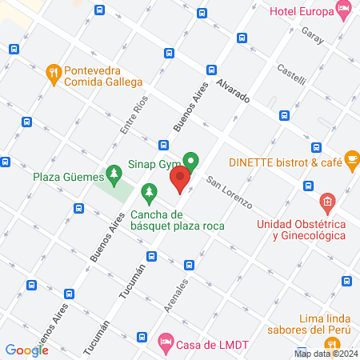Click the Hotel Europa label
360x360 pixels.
(x=300, y=12)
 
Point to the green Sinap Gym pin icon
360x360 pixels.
(x=190, y=161)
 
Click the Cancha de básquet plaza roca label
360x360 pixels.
(x=178, y=220)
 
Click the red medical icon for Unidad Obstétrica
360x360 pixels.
(x=326, y=201)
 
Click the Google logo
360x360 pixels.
(x=26, y=350)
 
